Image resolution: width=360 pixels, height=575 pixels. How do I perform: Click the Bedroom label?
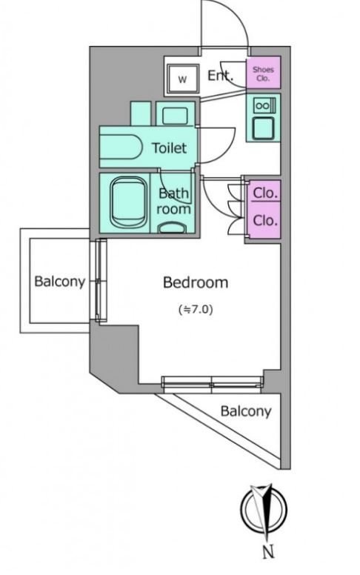click(x=196, y=282)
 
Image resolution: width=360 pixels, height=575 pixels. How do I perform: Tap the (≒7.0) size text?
click(x=196, y=310)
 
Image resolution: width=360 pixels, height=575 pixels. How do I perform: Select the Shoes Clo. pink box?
click(x=263, y=72)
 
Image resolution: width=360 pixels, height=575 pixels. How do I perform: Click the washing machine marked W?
click(x=183, y=79)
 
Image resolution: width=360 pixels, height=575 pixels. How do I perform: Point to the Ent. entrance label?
click(x=220, y=76)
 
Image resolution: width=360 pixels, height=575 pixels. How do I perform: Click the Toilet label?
click(x=170, y=147)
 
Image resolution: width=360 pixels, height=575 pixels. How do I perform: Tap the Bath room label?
click(x=174, y=201)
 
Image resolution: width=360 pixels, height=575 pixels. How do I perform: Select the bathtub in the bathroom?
click(x=129, y=203)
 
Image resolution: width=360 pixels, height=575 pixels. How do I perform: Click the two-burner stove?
click(x=262, y=106)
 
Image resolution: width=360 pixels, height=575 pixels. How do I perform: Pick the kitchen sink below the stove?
click(x=263, y=128)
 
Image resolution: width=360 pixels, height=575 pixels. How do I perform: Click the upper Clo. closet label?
click(x=265, y=193)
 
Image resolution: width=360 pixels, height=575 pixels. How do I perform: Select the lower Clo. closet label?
click(x=265, y=220)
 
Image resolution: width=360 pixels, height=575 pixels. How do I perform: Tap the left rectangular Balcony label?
click(x=59, y=282)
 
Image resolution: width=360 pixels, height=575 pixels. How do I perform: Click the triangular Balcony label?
click(x=246, y=411)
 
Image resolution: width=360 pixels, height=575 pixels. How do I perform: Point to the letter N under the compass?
click(x=269, y=551)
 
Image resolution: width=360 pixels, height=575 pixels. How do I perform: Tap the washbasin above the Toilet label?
click(x=175, y=114)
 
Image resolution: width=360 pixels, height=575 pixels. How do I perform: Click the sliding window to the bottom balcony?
click(x=213, y=382)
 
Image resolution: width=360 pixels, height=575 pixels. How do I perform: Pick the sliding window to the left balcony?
click(x=101, y=281)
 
